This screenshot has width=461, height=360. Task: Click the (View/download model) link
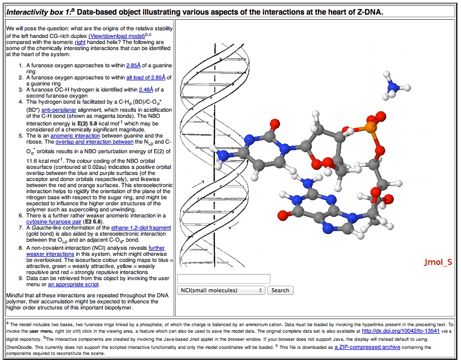116,36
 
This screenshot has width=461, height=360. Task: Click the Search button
280,290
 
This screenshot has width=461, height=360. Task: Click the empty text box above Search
223,279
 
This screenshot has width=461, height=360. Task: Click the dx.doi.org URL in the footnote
395,331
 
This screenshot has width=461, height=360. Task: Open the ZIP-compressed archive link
367,347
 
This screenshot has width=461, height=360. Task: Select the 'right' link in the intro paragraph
80,42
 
